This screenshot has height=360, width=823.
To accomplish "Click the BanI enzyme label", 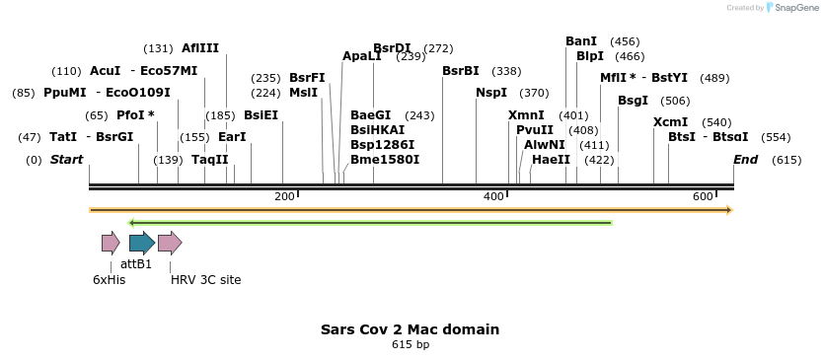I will click(x=581, y=41).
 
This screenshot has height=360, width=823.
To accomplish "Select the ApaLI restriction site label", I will click(x=361, y=56).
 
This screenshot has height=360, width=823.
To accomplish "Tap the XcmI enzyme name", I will click(x=670, y=122).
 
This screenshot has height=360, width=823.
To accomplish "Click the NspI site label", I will click(x=491, y=93).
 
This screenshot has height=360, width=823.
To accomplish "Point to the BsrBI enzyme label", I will click(x=461, y=71).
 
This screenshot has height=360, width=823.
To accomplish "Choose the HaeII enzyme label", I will click(x=551, y=159).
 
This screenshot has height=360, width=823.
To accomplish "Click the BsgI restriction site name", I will click(x=633, y=101).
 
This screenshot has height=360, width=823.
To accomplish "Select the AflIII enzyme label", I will click(x=200, y=48).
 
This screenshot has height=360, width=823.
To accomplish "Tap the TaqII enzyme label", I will click(x=209, y=159).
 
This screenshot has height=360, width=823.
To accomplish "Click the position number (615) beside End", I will click(x=786, y=160).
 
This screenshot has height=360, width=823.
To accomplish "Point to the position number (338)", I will click(x=506, y=71).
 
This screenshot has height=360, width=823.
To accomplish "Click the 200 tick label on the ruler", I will click(x=284, y=197).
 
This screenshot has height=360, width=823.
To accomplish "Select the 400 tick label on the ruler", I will click(x=493, y=197).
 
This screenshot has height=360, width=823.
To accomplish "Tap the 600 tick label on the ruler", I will click(x=703, y=197).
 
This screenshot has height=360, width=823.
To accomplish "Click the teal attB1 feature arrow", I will click(x=141, y=243).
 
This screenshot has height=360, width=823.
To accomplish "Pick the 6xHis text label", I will click(x=109, y=280).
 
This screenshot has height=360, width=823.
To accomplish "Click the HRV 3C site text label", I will click(x=205, y=280).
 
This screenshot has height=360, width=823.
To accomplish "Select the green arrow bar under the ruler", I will click(x=370, y=223).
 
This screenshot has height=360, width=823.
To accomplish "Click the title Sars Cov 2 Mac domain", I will click(x=410, y=329).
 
